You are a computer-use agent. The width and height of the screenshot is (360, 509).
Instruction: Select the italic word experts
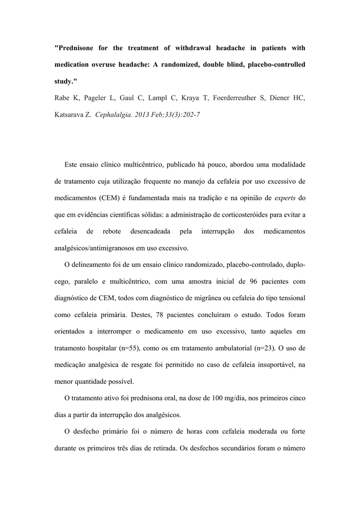point(284,198)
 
